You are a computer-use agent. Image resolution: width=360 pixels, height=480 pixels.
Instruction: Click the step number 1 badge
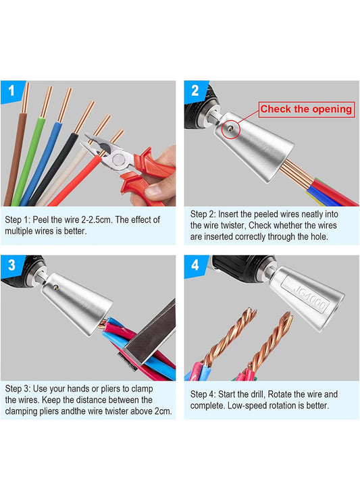click(x=11, y=90)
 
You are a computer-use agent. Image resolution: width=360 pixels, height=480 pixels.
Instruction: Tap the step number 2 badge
click(x=195, y=90)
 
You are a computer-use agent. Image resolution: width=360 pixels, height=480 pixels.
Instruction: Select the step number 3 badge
click(x=11, y=265)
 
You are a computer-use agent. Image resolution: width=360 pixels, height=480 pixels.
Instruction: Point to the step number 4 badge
click(x=195, y=265)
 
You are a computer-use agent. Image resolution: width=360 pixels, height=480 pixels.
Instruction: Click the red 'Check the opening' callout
click(x=307, y=109)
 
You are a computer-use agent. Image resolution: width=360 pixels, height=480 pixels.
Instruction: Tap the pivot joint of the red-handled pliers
click(x=118, y=159)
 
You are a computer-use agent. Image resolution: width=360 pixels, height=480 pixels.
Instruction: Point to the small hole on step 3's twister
click(x=56, y=287)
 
